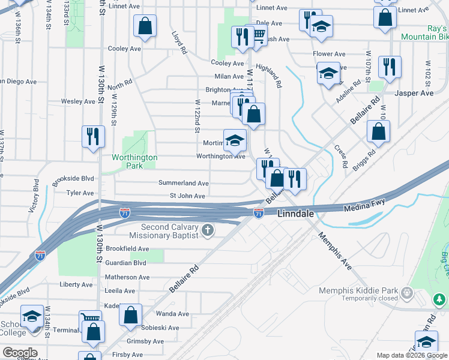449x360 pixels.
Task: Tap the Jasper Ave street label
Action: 414,94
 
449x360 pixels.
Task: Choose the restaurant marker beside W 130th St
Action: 94,136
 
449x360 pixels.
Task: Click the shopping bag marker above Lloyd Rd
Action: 145,25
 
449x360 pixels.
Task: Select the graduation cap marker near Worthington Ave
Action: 235,140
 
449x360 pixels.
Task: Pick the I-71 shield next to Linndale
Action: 258,212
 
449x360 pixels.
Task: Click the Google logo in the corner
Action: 20,353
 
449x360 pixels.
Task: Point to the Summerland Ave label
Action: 183,183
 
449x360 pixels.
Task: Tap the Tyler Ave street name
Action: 80,193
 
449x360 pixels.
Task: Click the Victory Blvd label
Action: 34,199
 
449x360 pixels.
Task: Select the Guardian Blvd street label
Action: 126,263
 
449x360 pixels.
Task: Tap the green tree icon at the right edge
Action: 439,298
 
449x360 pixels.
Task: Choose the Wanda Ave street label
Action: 172,314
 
